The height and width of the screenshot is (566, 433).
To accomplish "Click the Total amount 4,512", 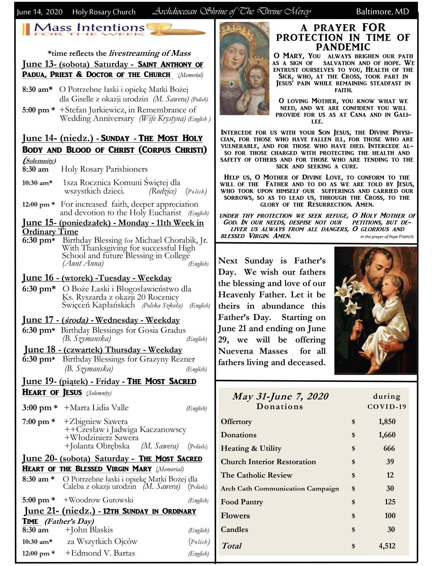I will [x=387, y=546].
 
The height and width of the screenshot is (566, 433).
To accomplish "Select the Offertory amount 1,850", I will [x=387, y=421].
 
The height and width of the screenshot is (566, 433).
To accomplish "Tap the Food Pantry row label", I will [x=242, y=502].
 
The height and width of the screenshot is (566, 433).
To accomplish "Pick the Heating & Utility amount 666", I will [x=389, y=448].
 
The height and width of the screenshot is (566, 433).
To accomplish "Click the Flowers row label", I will [x=235, y=516].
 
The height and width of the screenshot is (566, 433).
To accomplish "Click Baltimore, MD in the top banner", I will [x=382, y=11].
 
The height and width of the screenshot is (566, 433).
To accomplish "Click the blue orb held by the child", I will [x=262, y=105].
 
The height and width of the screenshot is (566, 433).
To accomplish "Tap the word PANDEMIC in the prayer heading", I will [x=343, y=47].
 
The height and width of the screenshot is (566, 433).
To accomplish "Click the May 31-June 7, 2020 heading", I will [x=280, y=396].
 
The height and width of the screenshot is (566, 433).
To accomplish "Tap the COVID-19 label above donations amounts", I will [x=386, y=407].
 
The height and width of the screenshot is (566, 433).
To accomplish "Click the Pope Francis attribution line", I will [x=387, y=236].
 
